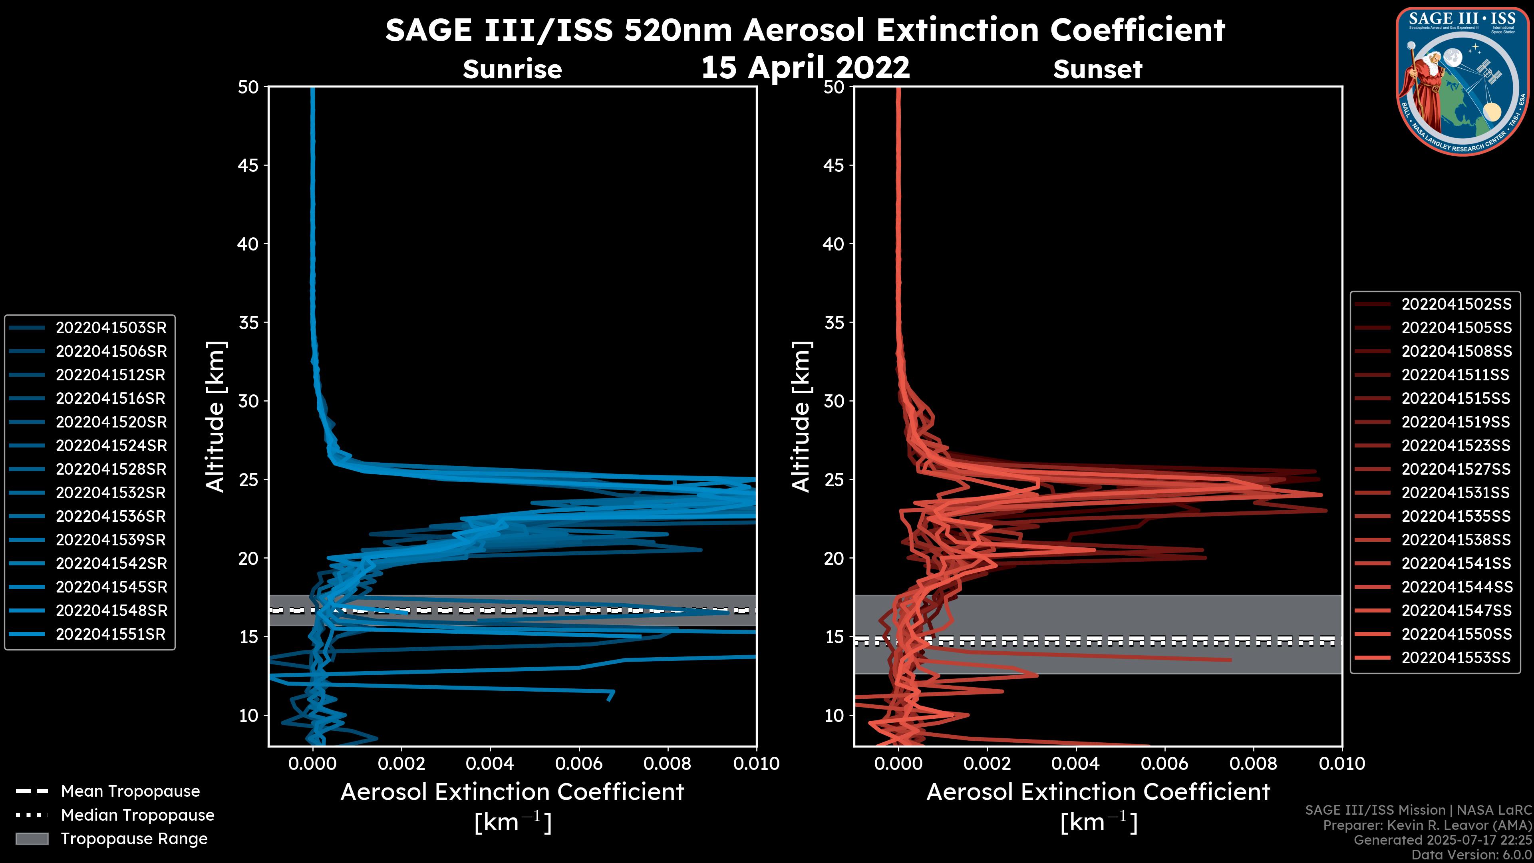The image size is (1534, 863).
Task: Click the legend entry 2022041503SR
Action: pos(111,328)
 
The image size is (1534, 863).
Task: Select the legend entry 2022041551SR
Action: pos(111,634)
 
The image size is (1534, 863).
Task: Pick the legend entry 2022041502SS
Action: pos(1456,304)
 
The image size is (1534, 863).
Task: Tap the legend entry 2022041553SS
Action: pos(1456,658)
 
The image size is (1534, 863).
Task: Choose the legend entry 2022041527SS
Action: pos(1456,469)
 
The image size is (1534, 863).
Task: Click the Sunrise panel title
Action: pos(512,69)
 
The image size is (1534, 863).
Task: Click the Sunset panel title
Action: pos(1097,69)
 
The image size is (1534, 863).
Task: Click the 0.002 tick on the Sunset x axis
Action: pos(987,764)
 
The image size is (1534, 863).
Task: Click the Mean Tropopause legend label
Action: pos(130,791)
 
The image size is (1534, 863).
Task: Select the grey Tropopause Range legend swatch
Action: pos(32,839)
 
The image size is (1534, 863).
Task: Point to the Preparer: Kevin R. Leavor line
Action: pos(1427,825)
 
